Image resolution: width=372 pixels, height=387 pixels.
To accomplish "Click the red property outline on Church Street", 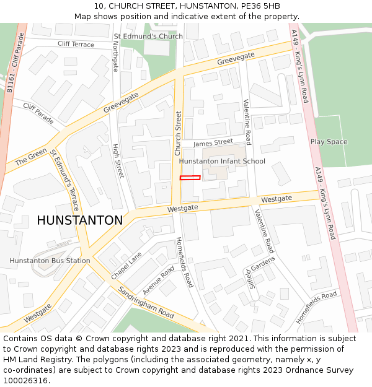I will [x=190, y=178].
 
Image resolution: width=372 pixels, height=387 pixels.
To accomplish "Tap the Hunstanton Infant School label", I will [x=222, y=162].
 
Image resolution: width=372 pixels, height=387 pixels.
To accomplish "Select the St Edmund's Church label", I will [x=148, y=37].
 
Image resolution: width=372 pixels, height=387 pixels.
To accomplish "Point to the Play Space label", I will [x=329, y=142].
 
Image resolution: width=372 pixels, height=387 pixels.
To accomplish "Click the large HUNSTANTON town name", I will [x=79, y=220].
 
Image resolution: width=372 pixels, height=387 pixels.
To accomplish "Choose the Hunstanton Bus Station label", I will [x=50, y=261].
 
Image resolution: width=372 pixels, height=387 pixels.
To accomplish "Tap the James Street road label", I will [x=213, y=142].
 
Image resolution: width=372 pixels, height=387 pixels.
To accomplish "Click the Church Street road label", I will [x=178, y=133].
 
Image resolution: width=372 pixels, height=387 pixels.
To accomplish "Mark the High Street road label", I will [x=117, y=161].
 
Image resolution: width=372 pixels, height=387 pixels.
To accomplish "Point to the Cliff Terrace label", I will [x=76, y=45].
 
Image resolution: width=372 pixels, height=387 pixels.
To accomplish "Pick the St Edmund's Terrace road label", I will [x=65, y=180].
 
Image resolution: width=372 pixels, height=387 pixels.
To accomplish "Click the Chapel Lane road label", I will [x=126, y=265].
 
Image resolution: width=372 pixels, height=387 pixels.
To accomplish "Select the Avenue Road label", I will [x=159, y=280].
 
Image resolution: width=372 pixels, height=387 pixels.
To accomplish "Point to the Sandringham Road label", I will [x=146, y=303].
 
